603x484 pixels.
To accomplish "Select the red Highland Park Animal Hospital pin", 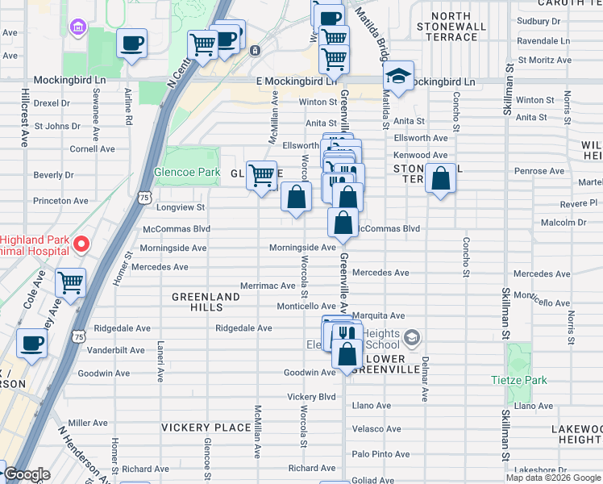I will click(81, 244).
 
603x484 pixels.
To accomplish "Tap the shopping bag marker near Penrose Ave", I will click(440, 179).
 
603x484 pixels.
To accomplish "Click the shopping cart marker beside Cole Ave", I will click(71, 283).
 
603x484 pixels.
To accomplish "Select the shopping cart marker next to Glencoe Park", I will click(261, 174).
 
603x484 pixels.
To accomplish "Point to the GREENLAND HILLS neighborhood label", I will click(206, 303).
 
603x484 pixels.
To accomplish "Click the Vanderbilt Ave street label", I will click(114, 350).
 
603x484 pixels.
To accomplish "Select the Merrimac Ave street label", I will click(268, 286).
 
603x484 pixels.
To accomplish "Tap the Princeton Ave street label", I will click(60, 201).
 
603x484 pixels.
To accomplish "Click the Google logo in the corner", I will click(27, 474).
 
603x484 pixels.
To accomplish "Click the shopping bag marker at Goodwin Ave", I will click(347, 355).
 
